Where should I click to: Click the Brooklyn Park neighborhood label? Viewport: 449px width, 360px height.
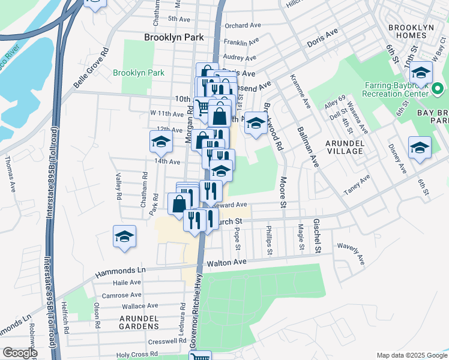tap(174, 37)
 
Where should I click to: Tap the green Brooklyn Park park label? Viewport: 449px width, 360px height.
tap(139, 73)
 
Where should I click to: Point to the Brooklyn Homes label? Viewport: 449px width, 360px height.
tap(415, 32)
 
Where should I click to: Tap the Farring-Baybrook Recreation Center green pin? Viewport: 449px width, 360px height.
tap(438, 90)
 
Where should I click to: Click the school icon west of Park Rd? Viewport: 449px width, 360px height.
tap(161, 142)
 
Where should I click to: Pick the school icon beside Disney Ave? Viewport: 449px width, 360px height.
tap(420, 147)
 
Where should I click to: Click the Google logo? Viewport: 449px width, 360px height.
tap(20, 353)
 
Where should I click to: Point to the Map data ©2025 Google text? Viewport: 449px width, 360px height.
tap(411, 355)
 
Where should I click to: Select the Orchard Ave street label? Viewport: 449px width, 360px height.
tap(244, 26)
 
